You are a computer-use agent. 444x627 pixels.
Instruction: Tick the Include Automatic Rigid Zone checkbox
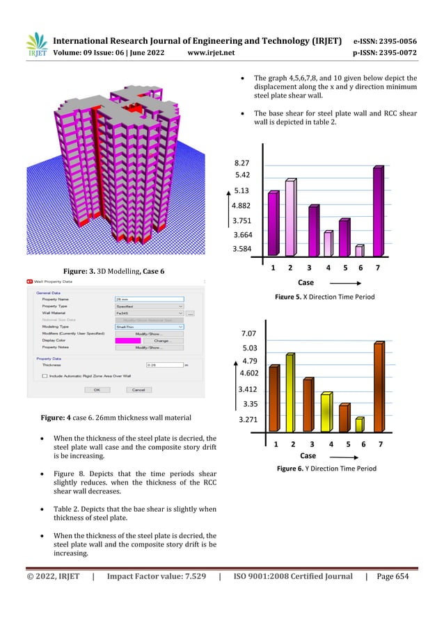click(44, 375)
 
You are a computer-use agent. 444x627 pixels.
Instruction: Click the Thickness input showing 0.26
click(164, 364)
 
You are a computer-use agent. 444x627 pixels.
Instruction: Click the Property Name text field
click(149, 299)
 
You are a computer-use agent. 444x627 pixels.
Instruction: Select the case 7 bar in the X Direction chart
click(378, 211)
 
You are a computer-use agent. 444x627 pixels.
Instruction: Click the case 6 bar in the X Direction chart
click(359, 250)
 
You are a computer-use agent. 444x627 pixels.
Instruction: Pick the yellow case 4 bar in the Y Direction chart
click(326, 412)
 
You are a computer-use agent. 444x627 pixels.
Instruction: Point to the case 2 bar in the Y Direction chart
click(290, 393)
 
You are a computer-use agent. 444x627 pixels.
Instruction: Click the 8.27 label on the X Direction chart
click(242, 161)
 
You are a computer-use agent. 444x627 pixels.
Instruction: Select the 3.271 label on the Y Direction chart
click(249, 419)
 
